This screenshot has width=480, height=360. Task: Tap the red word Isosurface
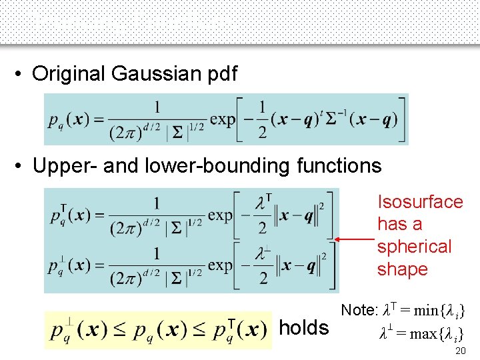pos(420,202)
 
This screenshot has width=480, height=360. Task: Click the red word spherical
pos(414,247)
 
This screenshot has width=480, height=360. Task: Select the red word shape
pos(402,269)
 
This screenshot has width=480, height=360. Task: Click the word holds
pos(304,328)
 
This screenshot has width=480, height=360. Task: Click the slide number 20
pos(459,351)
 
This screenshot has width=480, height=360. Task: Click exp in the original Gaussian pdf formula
pos(223,119)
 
